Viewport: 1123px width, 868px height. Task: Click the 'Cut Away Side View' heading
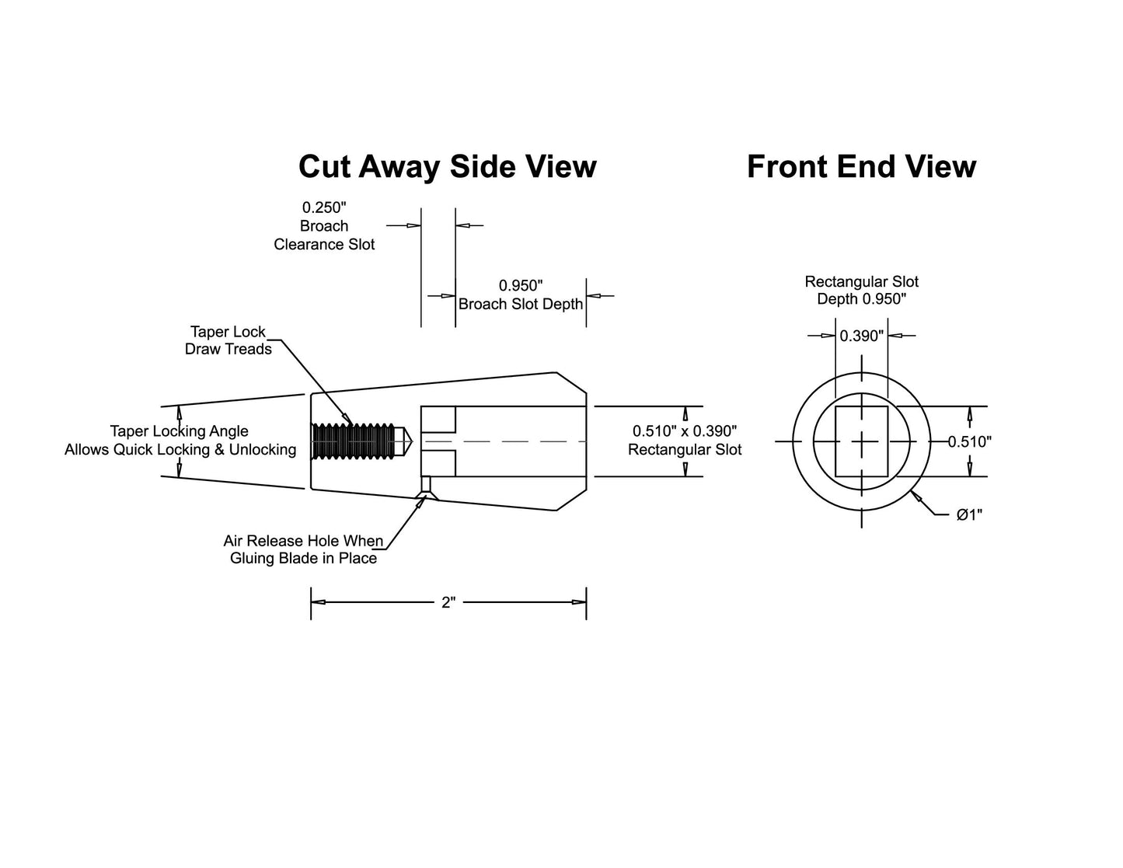(448, 167)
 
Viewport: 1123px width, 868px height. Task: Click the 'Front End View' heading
(862, 167)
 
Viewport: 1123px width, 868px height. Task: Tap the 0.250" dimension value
(324, 207)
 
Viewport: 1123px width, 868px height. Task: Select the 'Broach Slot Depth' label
(521, 305)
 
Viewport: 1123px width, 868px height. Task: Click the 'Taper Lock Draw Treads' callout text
(228, 340)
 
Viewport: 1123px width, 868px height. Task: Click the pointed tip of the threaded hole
(411, 441)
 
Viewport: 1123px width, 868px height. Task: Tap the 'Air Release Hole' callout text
(303, 549)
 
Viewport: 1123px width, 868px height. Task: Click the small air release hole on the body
(426, 484)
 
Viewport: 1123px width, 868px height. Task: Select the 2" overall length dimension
(448, 602)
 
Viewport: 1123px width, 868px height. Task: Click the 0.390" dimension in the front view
(862, 336)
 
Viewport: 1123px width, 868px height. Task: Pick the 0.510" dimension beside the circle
(970, 441)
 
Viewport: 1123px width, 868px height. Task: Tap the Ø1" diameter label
(969, 514)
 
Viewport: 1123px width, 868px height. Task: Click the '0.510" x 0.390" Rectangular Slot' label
(685, 440)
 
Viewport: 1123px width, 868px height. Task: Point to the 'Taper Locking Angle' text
(180, 431)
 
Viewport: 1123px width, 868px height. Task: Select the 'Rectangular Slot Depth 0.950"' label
(862, 291)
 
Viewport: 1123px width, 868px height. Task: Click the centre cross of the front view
(862, 441)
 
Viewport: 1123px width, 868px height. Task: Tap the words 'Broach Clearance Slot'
(324, 235)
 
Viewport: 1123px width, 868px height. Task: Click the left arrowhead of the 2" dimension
(318, 602)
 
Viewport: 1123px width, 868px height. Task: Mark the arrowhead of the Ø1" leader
(915, 496)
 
